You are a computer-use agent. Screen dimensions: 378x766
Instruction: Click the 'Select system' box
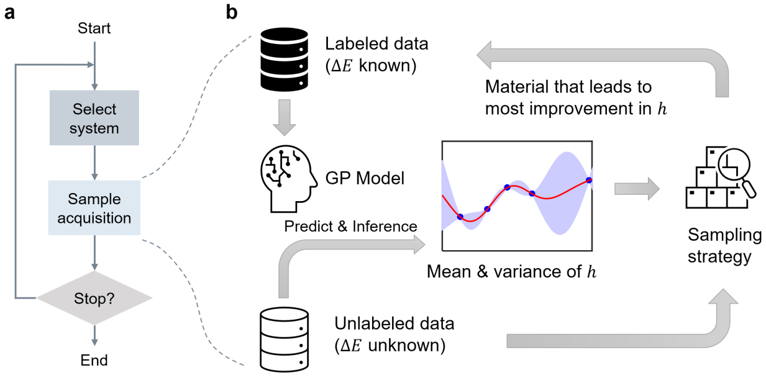pos(94,119)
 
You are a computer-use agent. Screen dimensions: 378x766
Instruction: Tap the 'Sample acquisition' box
pos(94,209)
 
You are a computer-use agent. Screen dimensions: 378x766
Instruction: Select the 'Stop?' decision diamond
pos(94,297)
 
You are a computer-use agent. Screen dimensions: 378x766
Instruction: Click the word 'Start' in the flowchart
pos(94,28)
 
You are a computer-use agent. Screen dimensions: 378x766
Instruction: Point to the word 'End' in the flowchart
pos(94,361)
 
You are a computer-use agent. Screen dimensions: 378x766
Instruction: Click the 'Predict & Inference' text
pos(350,227)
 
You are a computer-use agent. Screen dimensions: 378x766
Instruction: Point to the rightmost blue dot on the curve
pos(588,181)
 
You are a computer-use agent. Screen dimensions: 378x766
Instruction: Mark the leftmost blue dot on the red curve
pos(460,217)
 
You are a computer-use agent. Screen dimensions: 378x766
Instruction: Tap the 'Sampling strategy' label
pos(716,246)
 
